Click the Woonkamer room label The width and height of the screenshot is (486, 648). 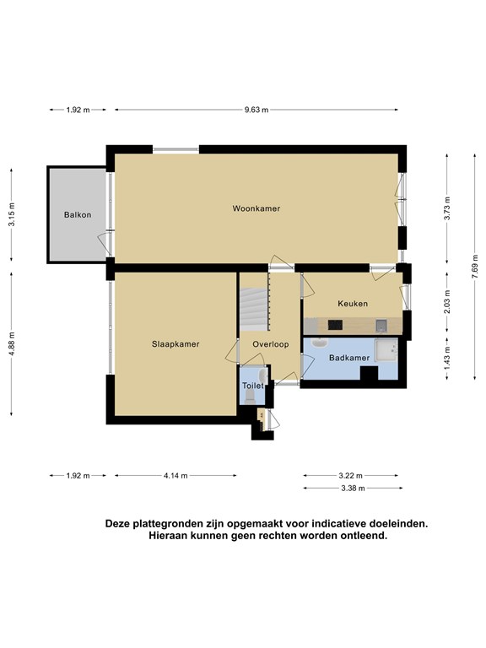point(256,208)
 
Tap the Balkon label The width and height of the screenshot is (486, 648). point(78,215)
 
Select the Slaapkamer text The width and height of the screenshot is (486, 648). point(175,344)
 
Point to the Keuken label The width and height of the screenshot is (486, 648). point(353,304)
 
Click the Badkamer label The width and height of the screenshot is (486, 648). point(349,358)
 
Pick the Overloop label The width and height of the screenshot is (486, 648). point(271,344)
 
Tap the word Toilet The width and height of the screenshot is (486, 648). point(253,386)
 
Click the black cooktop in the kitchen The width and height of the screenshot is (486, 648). point(335,325)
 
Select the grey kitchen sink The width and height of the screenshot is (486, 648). point(381,326)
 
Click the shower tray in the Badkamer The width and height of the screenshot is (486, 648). point(386,350)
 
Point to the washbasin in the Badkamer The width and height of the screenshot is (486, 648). point(319,343)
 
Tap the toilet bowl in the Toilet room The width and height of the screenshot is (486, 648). point(250,397)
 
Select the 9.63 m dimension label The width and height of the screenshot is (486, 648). point(256,110)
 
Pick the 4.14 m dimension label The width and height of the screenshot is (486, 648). point(175,476)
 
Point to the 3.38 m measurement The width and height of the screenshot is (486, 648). point(353,489)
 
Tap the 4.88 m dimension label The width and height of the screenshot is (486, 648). point(12,344)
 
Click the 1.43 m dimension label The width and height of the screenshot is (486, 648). point(447,358)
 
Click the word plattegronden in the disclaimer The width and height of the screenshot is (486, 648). point(168,524)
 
